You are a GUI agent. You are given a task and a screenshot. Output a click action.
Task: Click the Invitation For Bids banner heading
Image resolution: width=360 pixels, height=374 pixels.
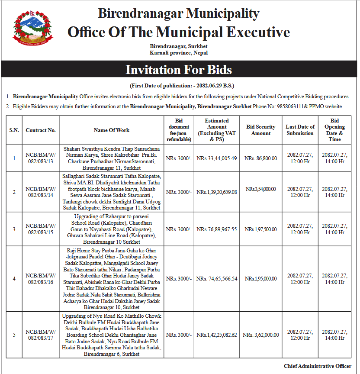pyautogui.click(x=179, y=70)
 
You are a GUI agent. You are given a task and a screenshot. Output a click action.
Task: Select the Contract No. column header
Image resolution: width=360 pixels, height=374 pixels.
pyautogui.click(x=41, y=130)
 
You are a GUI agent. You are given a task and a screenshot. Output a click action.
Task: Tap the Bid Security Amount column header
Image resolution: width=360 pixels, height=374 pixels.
pyautogui.click(x=261, y=130)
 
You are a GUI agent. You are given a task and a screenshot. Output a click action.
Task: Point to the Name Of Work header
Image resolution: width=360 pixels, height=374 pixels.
pyautogui.click(x=112, y=130)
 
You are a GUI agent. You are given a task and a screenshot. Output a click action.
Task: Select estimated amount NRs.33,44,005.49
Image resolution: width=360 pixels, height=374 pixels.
pyautogui.click(x=217, y=158)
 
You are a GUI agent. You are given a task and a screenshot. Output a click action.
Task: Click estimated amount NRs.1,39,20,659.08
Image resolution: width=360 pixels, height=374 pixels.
pyautogui.click(x=217, y=192)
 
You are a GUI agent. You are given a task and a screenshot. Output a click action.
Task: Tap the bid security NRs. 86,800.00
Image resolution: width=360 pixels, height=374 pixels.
pyautogui.click(x=260, y=158)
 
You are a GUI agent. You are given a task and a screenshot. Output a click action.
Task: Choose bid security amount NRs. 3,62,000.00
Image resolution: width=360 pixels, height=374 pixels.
pyautogui.click(x=260, y=335)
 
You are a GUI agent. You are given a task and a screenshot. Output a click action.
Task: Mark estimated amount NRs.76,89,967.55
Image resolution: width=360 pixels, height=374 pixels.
pyautogui.click(x=217, y=229)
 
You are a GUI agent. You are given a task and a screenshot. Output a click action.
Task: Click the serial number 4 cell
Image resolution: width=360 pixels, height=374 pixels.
pyautogui.click(x=14, y=279)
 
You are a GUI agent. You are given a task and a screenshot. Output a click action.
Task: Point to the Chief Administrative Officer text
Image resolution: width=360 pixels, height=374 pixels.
pyautogui.click(x=318, y=366)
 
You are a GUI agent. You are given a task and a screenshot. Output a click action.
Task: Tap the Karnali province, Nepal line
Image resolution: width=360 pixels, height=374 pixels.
pyautogui.click(x=179, y=53)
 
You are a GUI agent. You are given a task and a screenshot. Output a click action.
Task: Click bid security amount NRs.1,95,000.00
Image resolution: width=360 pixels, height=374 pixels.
pyautogui.click(x=260, y=279)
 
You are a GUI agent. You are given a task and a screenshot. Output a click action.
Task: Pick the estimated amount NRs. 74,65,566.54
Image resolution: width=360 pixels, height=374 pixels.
pyautogui.click(x=217, y=279)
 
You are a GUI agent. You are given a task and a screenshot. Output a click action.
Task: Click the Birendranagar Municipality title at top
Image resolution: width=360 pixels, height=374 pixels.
pyautogui.click(x=179, y=13)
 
